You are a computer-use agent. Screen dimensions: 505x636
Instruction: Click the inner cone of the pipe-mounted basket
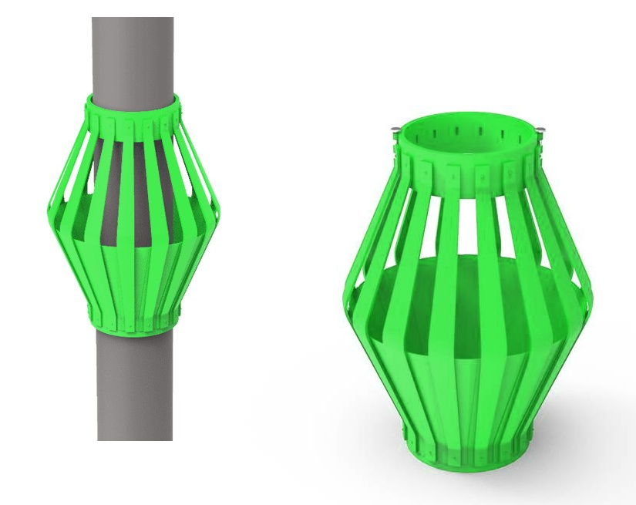[x=133, y=270]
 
